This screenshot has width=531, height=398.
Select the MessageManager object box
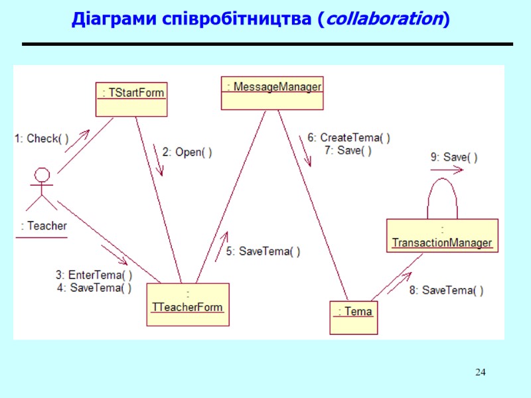[x=272, y=93]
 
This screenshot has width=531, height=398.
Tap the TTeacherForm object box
[x=188, y=304]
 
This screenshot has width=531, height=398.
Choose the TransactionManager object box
[x=442, y=235]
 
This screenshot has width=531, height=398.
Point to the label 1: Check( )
[x=41, y=139]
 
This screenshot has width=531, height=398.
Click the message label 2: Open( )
[x=187, y=152]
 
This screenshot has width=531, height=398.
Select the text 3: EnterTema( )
[x=94, y=275]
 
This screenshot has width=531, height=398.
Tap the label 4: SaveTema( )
[x=94, y=287]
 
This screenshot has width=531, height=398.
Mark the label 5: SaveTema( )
[x=263, y=251]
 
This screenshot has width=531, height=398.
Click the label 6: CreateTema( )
[x=348, y=138]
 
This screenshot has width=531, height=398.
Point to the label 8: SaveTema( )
[x=446, y=290]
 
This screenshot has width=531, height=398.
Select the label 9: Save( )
[x=454, y=157]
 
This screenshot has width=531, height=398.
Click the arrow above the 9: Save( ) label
[x=447, y=170]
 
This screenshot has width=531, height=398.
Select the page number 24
[x=481, y=371]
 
